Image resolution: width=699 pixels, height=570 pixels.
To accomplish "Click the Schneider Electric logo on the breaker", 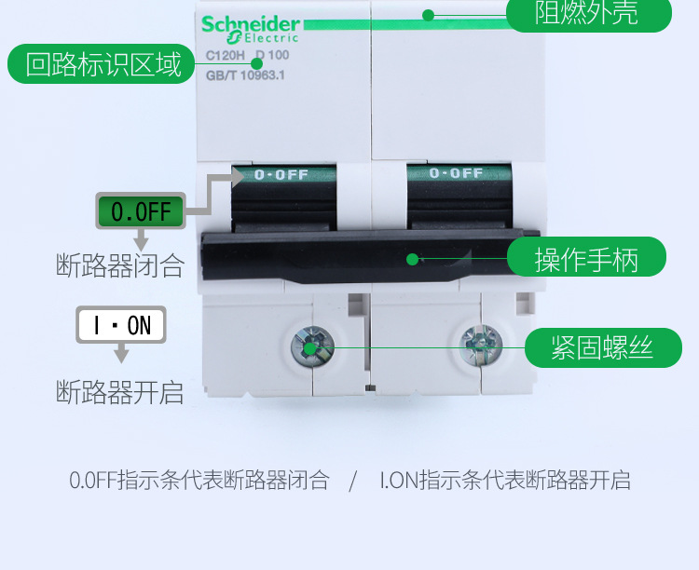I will click(251, 29).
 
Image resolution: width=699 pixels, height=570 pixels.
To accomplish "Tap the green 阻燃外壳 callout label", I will click(588, 13).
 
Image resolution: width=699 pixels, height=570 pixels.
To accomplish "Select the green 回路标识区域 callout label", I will click(103, 64).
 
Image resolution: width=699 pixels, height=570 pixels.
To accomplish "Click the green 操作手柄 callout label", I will click(586, 258).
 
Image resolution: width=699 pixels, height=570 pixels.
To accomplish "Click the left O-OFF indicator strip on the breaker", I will click(283, 173).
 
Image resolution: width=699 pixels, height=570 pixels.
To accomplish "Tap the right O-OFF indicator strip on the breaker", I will click(456, 173).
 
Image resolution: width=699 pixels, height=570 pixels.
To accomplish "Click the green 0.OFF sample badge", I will click(141, 211).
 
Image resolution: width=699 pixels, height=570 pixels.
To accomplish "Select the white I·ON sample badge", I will click(121, 325).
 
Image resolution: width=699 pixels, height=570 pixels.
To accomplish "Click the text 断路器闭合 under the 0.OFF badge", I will click(120, 266).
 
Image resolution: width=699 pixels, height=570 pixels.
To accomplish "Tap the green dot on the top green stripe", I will click(428, 15).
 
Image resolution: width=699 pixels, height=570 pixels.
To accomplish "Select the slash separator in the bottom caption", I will click(353, 482).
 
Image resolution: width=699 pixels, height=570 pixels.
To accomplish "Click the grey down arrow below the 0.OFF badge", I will click(142, 240).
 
